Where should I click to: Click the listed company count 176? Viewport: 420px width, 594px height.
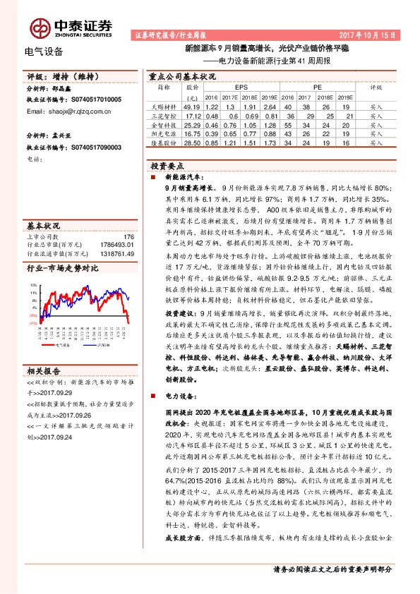pos(128,237)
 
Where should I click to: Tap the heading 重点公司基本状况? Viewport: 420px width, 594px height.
pos(182,75)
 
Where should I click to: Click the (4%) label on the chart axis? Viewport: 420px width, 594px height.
pos(33,304)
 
